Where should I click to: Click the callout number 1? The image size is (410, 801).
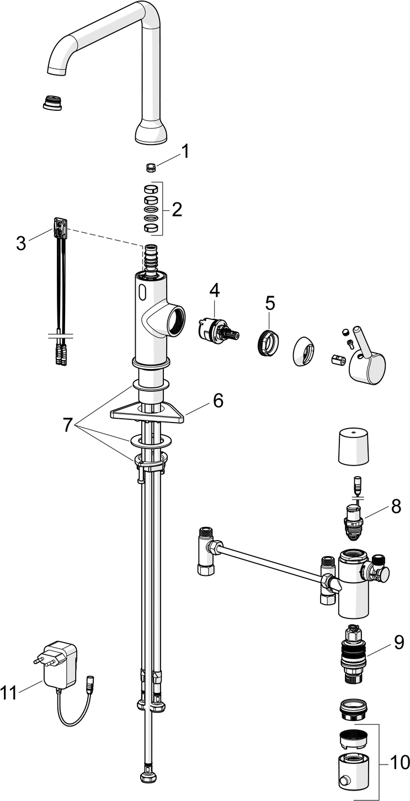pyautogui.click(x=186, y=151)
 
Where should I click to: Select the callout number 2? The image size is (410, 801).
pyautogui.click(x=177, y=209)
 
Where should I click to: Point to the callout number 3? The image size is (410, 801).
pyautogui.click(x=21, y=243)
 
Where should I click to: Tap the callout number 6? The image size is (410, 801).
pyautogui.click(x=218, y=400)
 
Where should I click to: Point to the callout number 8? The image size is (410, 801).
pyautogui.click(x=396, y=506)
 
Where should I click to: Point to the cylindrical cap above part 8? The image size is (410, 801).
pyautogui.click(x=353, y=446)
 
